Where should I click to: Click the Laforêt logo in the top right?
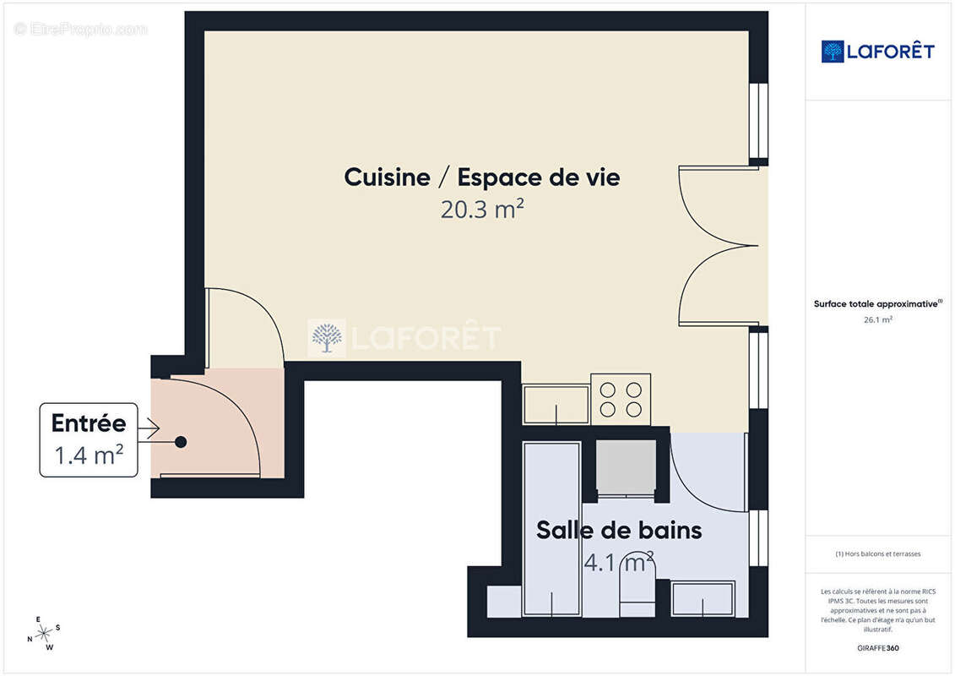tap(877, 52)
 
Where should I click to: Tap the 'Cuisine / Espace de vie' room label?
tap(481, 177)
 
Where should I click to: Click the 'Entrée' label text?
tap(89, 423)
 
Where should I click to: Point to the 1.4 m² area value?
tap(89, 455)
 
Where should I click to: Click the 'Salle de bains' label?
tap(619, 531)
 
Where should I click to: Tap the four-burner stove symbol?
tap(621, 399)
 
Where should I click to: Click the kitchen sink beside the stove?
tap(556, 404)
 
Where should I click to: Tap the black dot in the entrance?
tap(181, 441)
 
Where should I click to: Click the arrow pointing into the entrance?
tap(149, 429)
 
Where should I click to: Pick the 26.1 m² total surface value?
tap(877, 319)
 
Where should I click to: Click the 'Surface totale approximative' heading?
tap(877, 304)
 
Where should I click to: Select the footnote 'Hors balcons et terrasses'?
tap(877, 554)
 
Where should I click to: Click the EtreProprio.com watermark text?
tap(80, 29)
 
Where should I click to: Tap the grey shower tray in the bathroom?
tap(626, 466)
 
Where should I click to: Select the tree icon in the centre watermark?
tap(328, 338)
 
